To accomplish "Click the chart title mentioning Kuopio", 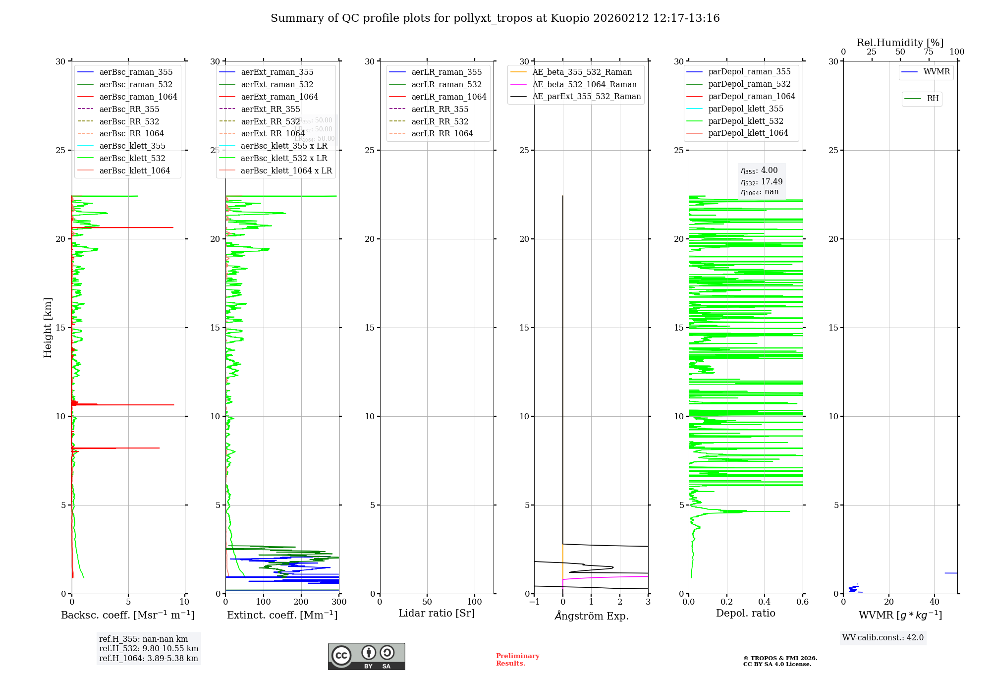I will pos(495,18).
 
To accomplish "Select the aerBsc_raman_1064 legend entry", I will pos(138,97).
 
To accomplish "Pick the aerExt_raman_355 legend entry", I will pos(277,72).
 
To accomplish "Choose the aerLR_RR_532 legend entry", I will pos(440,121).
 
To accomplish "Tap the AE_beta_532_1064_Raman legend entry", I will pos(584,84).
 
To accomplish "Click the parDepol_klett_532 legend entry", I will pos(745,121).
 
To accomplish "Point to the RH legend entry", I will pos(933,99).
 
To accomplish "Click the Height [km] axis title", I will pos(48,328).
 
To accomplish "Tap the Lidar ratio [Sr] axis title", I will pos(437,613).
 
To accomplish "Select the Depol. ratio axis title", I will pos(745,613).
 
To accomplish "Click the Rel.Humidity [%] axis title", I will pos(900,43).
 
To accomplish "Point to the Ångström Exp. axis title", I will pos(591,616).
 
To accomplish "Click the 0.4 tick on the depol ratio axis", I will pos(765,602).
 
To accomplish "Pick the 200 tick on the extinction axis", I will pos(301,602).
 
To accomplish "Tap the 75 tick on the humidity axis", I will pos(928,52).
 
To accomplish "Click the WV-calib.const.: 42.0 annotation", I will pos(882,637).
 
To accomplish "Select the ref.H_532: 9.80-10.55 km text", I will pos(148,648).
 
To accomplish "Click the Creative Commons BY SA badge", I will pos(366,656).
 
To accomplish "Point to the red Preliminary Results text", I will pos(517,659).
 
